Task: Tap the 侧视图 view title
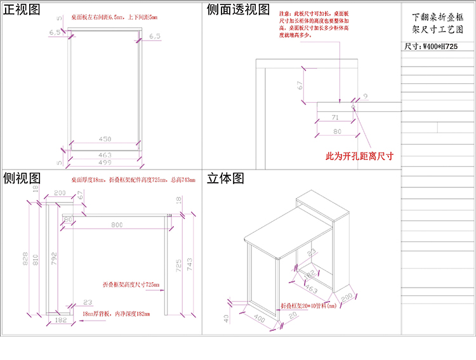(x=22, y=178)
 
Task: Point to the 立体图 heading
(x=225, y=178)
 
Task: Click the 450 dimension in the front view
(x=105, y=139)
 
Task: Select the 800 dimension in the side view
(x=117, y=224)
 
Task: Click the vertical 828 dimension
(x=26, y=258)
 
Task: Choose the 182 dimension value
(x=61, y=321)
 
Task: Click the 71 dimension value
(x=336, y=117)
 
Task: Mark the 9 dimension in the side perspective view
(x=366, y=97)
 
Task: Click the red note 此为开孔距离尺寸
(x=359, y=156)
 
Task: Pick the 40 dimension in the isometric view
(x=228, y=317)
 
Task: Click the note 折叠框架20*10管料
(x=309, y=305)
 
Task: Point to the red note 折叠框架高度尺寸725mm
(x=131, y=284)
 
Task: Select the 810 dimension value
(x=36, y=258)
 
